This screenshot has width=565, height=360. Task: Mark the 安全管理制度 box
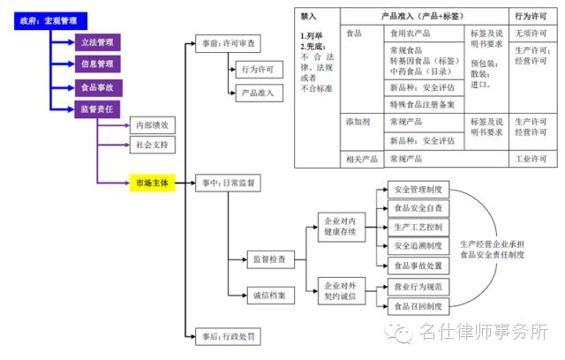(x=418, y=191)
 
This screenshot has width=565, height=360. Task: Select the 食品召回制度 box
(x=418, y=306)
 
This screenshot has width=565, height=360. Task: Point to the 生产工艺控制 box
(x=418, y=228)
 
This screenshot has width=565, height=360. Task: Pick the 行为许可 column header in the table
(x=530, y=17)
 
